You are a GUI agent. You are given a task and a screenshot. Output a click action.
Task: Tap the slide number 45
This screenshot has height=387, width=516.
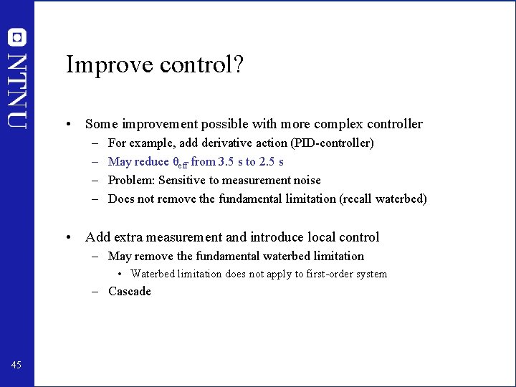tap(16, 365)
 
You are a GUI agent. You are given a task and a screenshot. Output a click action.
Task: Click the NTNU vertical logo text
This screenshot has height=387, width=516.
tap(18, 90)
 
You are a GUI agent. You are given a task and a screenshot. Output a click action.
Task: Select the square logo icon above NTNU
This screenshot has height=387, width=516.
tap(18, 37)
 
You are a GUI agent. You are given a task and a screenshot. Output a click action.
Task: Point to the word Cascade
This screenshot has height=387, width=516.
tap(130, 291)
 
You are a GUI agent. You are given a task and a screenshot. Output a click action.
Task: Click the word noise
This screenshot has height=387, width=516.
tap(306, 180)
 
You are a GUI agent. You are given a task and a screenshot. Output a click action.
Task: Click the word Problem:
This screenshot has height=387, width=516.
tap(131, 180)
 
